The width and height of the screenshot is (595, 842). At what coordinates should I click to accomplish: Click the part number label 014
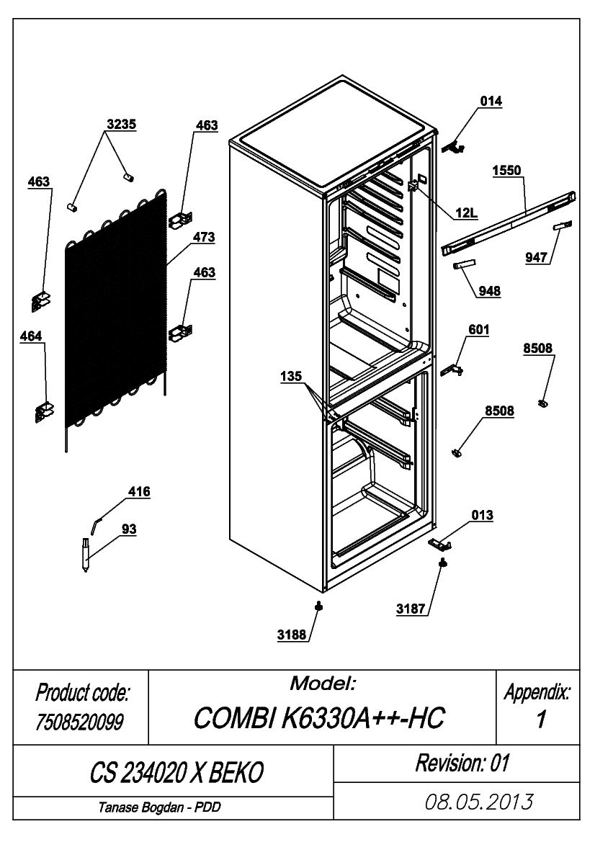point(491,101)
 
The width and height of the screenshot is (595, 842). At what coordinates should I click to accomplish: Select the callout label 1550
point(507,170)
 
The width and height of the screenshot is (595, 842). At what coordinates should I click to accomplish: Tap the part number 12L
point(466,213)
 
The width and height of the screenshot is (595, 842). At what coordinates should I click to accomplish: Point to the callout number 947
point(536,258)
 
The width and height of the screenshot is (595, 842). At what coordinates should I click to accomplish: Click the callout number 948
point(489,291)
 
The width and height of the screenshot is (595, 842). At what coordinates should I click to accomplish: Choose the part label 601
point(478,330)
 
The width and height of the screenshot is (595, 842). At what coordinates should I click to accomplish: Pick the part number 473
point(204,237)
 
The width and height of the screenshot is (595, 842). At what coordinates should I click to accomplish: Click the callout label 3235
point(121,124)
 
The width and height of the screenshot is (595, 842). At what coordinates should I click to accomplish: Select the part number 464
point(30,336)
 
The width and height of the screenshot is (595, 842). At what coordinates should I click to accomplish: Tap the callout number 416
point(139,491)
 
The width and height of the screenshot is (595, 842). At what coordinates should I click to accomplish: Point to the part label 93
point(129,529)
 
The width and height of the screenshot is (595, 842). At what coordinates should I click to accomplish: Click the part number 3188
point(292,635)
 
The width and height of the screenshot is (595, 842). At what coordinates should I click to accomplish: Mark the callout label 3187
point(411,609)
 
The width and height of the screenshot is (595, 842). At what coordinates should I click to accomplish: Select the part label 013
point(482,515)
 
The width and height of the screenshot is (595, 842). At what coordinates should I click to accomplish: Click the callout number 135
point(290,377)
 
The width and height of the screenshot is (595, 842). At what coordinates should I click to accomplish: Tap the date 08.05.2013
point(479,802)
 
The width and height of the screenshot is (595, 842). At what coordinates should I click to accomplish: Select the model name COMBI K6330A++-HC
point(319,717)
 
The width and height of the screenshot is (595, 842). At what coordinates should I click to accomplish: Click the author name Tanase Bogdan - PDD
point(159,807)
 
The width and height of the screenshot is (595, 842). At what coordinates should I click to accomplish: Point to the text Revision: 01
point(462,763)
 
